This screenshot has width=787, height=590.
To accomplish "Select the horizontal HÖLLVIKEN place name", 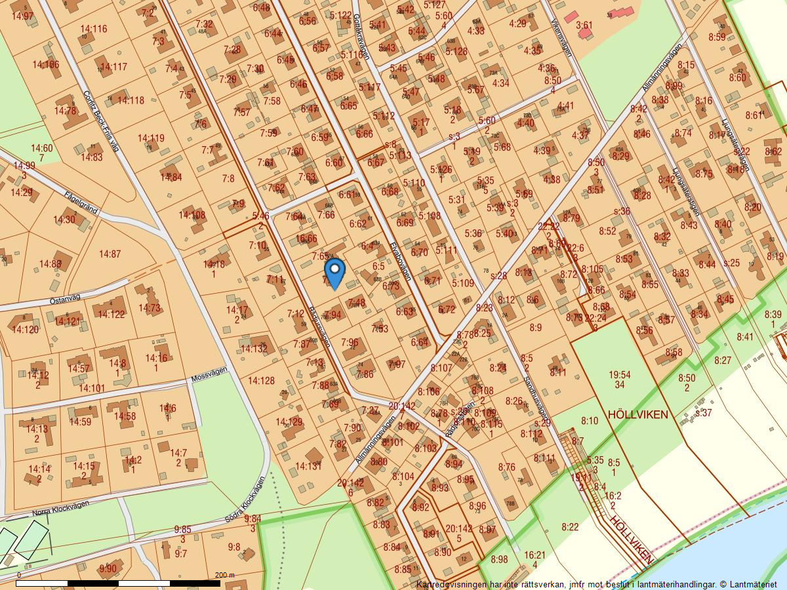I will (637, 414).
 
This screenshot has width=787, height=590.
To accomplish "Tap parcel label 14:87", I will (110, 254).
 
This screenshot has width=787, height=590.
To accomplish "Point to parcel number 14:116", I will (94, 29).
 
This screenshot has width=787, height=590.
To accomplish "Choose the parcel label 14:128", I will (261, 380).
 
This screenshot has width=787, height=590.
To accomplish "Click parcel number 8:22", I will (570, 526).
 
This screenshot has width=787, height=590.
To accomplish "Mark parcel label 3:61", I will (584, 25).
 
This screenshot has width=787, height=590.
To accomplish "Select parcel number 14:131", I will (308, 466).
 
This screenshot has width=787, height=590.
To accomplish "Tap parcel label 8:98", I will (498, 559).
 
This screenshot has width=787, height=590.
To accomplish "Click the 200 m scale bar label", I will (224, 575).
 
